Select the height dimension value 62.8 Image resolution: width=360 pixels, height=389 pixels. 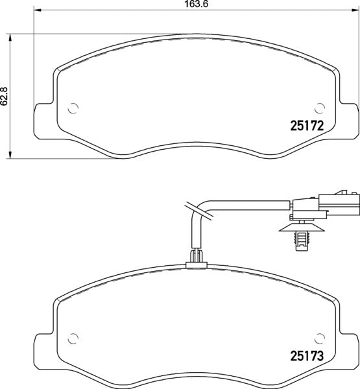[x=5, y=95]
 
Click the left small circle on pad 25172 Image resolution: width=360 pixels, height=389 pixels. [x=73, y=108]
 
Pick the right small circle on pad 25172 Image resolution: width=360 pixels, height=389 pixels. [x=318, y=108]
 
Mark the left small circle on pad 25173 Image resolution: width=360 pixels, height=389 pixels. [x=73, y=337]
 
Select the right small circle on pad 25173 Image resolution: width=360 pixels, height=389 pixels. [x=318, y=337]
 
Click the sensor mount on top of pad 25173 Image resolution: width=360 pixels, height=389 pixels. [x=195, y=263]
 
